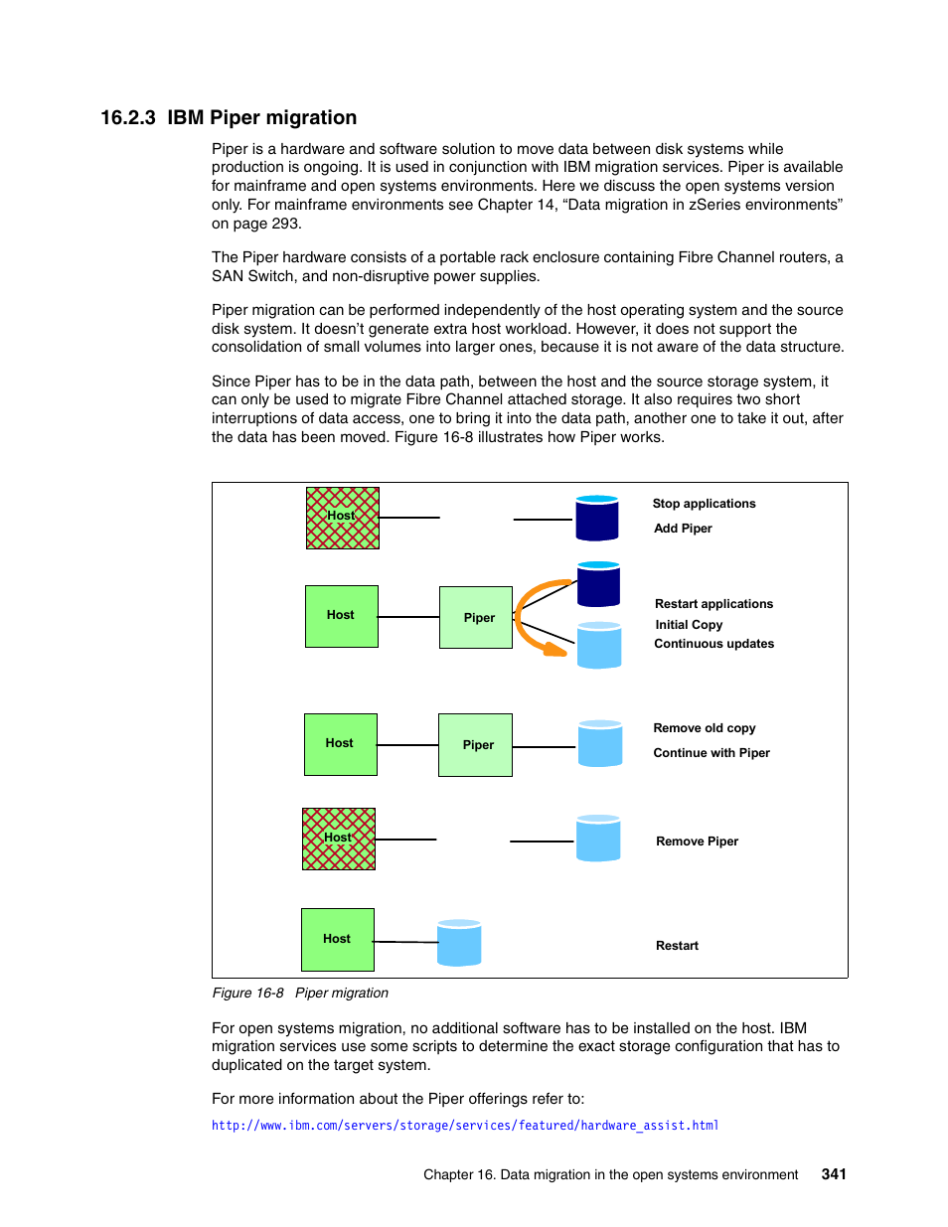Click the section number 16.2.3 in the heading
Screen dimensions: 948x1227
point(127,117)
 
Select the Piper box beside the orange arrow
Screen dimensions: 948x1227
point(475,617)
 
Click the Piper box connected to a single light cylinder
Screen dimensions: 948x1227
point(475,745)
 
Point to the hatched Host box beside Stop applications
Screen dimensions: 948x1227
point(342,518)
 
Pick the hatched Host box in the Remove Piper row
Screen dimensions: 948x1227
point(338,839)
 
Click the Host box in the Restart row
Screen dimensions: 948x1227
point(338,940)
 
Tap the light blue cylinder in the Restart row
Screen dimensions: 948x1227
point(459,943)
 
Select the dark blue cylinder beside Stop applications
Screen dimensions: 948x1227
point(596,518)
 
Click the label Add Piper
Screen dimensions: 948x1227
point(682,528)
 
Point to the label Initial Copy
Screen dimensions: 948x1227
point(689,625)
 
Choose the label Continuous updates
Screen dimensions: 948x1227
point(713,643)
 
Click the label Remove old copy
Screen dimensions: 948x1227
point(705,728)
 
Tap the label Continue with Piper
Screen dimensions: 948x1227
point(711,753)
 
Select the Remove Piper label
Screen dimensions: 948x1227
point(697,841)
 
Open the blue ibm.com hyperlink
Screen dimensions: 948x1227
point(465,1125)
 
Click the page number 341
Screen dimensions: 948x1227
point(834,1174)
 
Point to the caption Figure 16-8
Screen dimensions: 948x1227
point(247,993)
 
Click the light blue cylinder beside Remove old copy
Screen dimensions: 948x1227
point(599,743)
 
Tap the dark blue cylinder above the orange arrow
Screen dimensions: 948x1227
point(598,584)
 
